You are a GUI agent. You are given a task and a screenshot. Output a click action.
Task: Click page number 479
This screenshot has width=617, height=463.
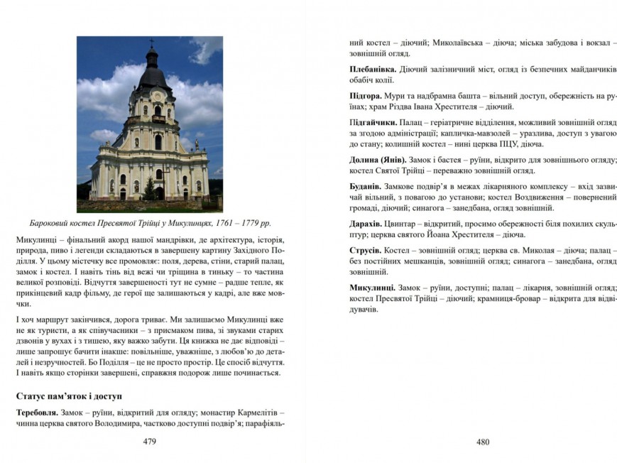[149, 441]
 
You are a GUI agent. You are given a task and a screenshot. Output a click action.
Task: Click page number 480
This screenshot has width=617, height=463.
[483, 441]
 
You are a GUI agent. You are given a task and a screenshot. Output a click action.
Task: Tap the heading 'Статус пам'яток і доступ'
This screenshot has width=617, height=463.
[69, 394]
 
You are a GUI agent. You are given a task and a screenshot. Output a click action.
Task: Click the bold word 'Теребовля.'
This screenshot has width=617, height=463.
[40, 412]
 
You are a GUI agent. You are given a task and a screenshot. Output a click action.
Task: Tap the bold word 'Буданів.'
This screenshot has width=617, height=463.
[366, 185]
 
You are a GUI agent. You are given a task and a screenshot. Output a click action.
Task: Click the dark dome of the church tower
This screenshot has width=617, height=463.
[152, 72]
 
